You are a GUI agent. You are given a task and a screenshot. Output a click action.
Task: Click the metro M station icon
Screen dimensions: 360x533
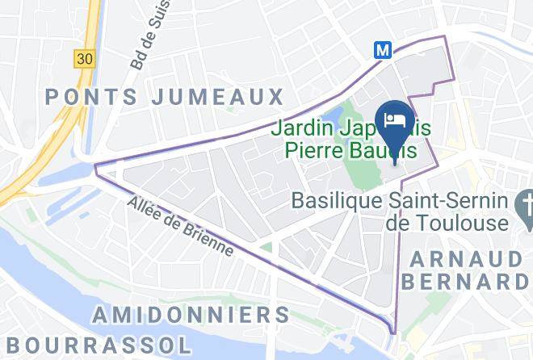click(x=383, y=50)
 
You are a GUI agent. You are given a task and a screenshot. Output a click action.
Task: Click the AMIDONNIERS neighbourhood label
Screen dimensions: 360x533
click(x=191, y=315)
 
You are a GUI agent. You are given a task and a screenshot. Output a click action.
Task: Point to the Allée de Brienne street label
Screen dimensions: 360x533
click(x=180, y=227)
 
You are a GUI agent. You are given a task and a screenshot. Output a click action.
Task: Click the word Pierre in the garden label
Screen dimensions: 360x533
click(x=311, y=150)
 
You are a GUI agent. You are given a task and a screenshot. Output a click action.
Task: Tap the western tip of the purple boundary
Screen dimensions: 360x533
click(x=96, y=167)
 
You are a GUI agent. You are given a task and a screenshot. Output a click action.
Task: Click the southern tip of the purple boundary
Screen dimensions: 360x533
click(x=394, y=333)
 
